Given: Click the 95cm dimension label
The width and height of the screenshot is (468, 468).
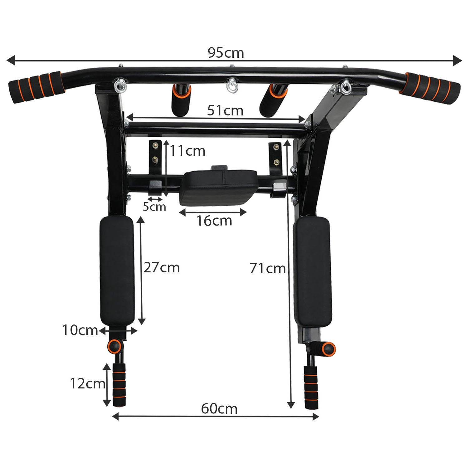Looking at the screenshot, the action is tap(226, 53).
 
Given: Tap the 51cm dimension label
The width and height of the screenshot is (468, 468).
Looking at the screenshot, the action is tap(225, 110).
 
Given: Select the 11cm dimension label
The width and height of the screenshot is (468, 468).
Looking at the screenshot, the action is tap(188, 151).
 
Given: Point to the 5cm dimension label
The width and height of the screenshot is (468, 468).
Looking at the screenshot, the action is tap(154, 207).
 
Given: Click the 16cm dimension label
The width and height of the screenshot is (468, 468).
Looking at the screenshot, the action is tap(214, 221).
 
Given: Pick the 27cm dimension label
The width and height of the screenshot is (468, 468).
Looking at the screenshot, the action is tap(162, 268).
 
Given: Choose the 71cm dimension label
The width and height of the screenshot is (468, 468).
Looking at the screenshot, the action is tap(268, 268).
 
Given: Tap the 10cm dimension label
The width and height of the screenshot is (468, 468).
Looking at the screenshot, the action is tap(80, 330).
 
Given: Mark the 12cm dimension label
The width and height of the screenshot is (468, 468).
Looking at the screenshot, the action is tap(87, 383).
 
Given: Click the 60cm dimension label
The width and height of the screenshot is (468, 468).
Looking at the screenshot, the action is tap(219, 409).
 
